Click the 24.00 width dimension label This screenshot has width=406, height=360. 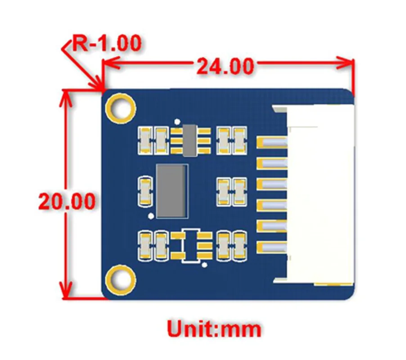(225, 66)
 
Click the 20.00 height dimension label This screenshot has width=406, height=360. (66, 201)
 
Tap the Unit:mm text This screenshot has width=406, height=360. (214, 329)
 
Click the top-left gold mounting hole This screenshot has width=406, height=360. (120, 108)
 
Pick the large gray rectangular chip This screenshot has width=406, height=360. (171, 189)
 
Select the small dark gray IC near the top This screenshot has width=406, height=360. (189, 140)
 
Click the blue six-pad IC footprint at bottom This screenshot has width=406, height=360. (190, 246)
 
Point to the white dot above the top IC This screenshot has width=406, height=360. (177, 121)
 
